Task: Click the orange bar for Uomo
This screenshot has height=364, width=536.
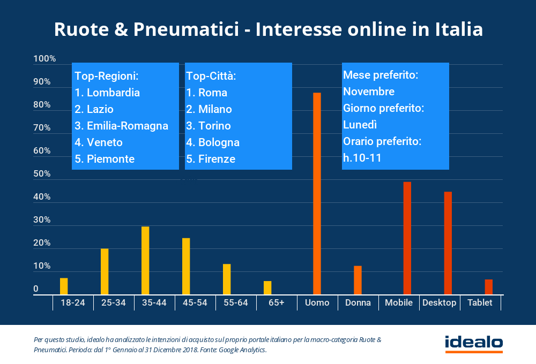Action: (x=317, y=193)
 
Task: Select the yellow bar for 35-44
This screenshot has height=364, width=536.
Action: (x=145, y=260)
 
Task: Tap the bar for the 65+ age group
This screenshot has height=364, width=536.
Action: (x=267, y=287)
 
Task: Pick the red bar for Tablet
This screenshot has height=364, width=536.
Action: (x=488, y=286)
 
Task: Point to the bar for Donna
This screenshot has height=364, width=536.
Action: (x=358, y=280)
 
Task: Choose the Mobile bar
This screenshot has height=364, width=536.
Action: (x=407, y=238)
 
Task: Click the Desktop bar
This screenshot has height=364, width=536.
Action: (x=448, y=243)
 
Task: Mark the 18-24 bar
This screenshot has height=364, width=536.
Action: (x=64, y=286)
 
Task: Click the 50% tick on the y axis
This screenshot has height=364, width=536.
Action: (x=42, y=174)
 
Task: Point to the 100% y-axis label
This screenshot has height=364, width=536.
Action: (x=44, y=59)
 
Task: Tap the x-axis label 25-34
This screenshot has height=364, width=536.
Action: (x=113, y=303)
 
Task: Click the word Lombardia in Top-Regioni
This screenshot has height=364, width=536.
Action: (x=113, y=93)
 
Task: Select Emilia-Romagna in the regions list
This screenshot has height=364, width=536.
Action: (x=127, y=126)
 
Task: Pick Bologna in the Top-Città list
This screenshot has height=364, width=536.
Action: (x=219, y=142)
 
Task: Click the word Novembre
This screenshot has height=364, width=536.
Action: (x=369, y=92)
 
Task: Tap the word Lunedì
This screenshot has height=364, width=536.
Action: (x=360, y=125)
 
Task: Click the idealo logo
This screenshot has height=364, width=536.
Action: (x=473, y=343)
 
